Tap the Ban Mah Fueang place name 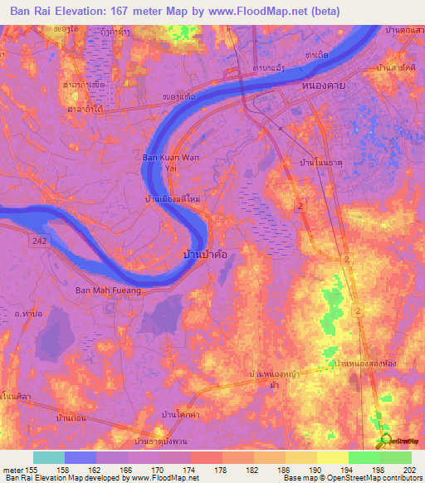tap(108, 290)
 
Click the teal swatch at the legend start tap(49, 457)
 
